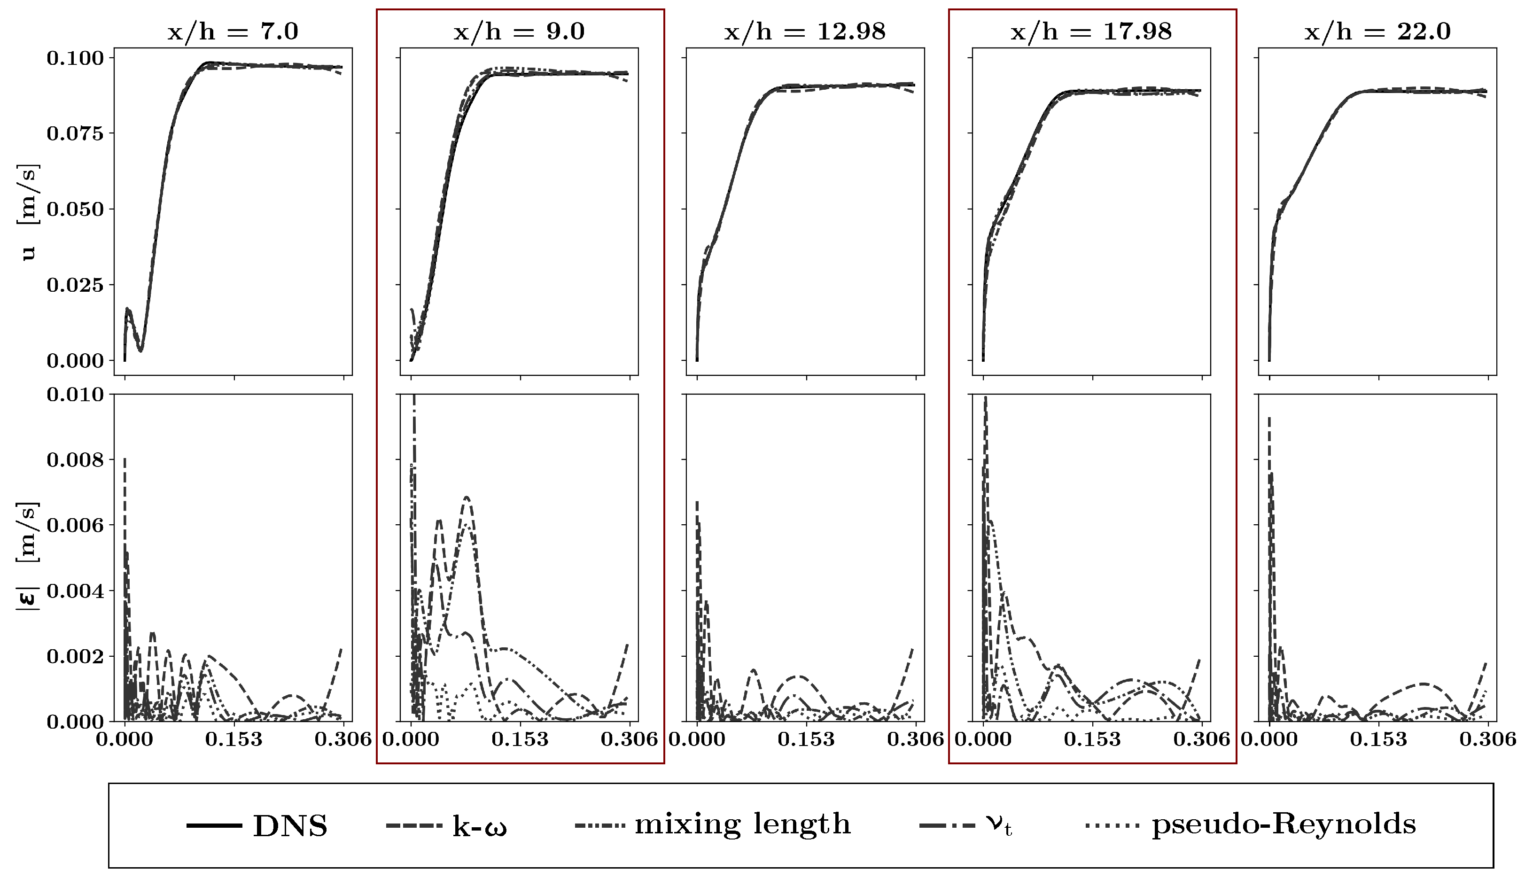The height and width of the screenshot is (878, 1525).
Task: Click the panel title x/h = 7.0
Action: [233, 31]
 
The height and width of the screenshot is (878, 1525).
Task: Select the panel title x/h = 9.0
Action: [519, 31]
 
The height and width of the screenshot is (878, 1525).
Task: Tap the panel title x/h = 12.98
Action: [805, 31]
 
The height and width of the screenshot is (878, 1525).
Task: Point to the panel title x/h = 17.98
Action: [1091, 31]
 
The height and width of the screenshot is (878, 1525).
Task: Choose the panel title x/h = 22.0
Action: [1377, 31]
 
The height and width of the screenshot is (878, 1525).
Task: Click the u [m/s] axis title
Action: [28, 211]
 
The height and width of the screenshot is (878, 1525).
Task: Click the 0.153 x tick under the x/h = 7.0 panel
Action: [234, 739]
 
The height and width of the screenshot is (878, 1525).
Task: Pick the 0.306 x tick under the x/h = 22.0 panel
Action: [1487, 739]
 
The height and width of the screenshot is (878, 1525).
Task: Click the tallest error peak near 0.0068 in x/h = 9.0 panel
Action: [467, 497]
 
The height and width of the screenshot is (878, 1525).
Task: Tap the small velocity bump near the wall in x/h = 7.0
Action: [128, 310]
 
